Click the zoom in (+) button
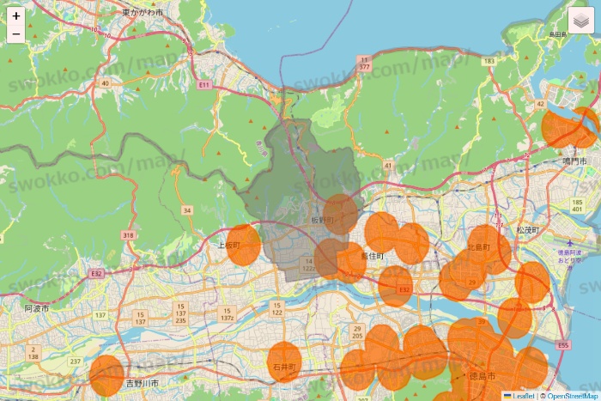click(x=16, y=15)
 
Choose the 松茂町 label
click(x=527, y=231)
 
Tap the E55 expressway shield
click(x=562, y=345)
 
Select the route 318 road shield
click(x=129, y=235)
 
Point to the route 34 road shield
click(x=186, y=210)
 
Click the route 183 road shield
click(x=489, y=62)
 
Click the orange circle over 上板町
click(x=244, y=245)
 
